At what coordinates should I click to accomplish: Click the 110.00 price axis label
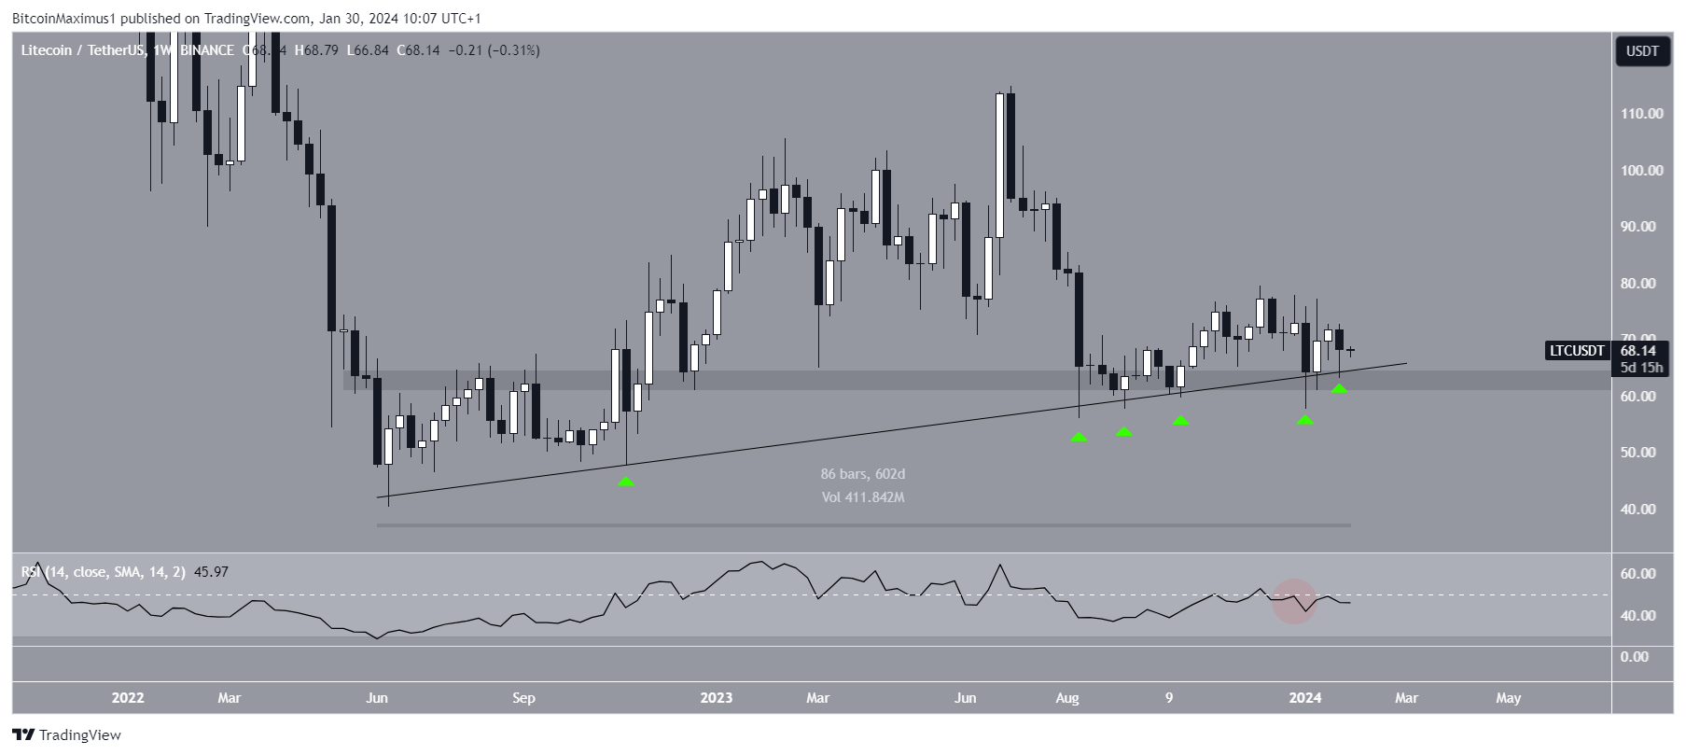pyautogui.click(x=1641, y=114)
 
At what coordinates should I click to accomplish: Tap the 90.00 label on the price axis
pyautogui.click(x=1641, y=227)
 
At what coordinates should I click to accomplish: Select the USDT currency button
pyautogui.click(x=1642, y=51)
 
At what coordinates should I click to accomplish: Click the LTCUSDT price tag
pyautogui.click(x=1577, y=351)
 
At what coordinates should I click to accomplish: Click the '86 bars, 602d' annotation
pyautogui.click(x=862, y=474)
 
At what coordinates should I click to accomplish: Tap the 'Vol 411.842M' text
pyautogui.click(x=862, y=497)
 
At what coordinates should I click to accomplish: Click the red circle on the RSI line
pyautogui.click(x=1294, y=600)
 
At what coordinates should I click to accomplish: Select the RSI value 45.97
pyautogui.click(x=211, y=572)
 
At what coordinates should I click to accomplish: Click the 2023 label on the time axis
pyautogui.click(x=716, y=698)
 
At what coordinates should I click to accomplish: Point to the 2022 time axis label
pyautogui.click(x=128, y=698)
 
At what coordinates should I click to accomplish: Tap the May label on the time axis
pyautogui.click(x=1508, y=698)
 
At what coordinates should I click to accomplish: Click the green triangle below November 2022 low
pyautogui.click(x=626, y=482)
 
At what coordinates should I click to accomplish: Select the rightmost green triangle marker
pyautogui.click(x=1339, y=388)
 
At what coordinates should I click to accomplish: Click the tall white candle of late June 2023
pyautogui.click(x=999, y=165)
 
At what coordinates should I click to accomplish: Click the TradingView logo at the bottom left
pyautogui.click(x=66, y=735)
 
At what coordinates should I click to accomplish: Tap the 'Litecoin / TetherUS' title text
pyautogui.click(x=82, y=50)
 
